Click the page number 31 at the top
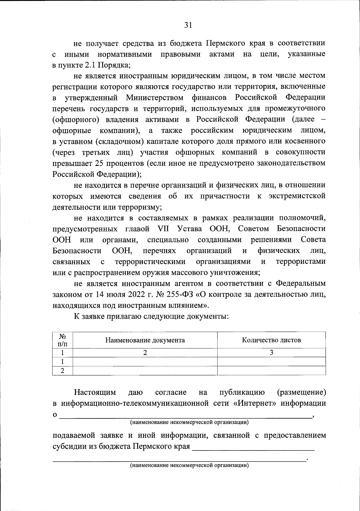[188, 25]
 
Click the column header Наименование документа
[145, 340]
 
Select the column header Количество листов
[271, 340]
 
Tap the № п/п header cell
[62, 340]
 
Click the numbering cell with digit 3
[271, 353]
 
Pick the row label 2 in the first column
[62, 371]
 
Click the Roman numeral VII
[163, 229]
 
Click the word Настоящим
[95, 392]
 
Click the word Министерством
[154, 98]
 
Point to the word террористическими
[150, 261]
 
